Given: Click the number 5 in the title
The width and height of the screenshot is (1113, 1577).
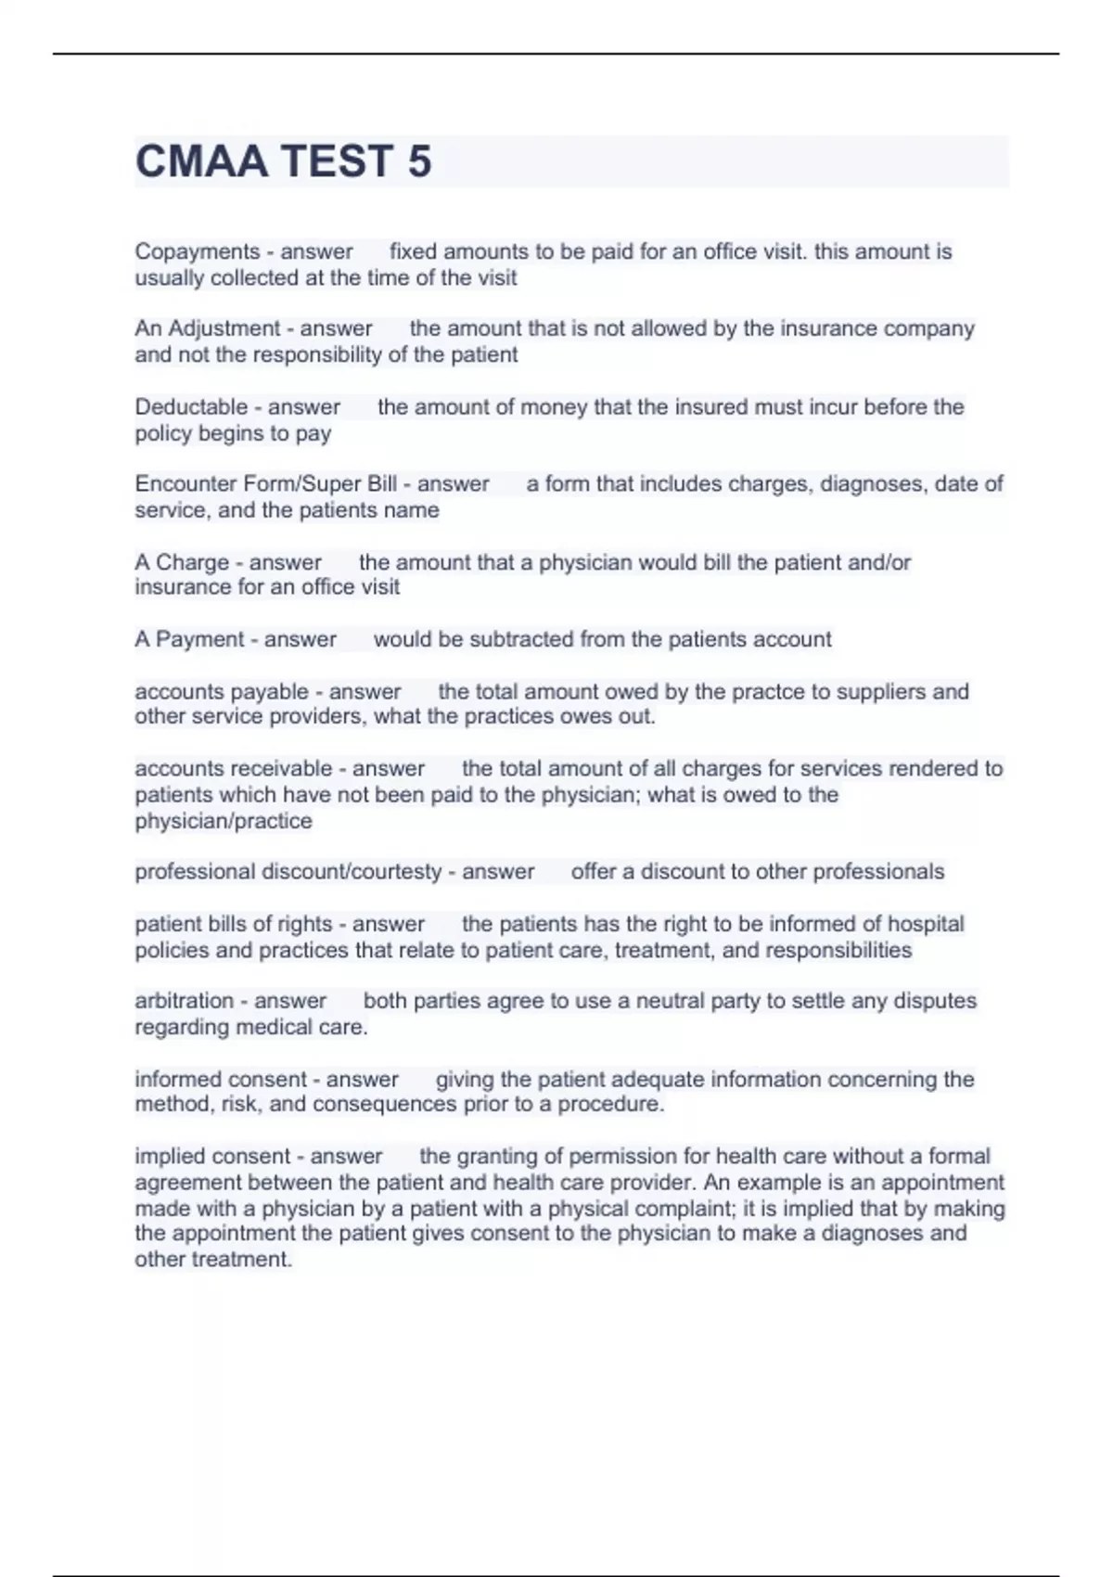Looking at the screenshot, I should click(x=419, y=161).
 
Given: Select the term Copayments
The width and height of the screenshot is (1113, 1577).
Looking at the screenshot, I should click(x=198, y=252).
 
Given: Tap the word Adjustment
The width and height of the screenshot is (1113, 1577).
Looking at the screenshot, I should click(x=224, y=329).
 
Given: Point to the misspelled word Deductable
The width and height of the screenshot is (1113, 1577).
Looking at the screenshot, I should click(x=191, y=407).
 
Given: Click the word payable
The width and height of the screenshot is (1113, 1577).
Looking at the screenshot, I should click(x=271, y=692).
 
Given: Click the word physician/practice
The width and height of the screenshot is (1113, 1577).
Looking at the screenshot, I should click(x=224, y=822).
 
